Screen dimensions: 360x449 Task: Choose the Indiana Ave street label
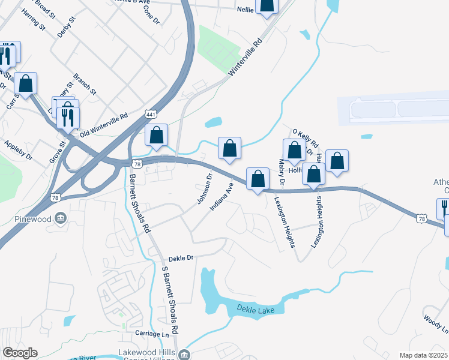pyautogui.click(x=220, y=197)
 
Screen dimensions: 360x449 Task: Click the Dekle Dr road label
pyautogui.click(x=181, y=257)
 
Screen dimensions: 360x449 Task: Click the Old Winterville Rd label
pyautogui.click(x=104, y=124)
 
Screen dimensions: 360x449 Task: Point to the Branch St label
pyautogui.click(x=85, y=85)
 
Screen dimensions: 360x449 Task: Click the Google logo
pyautogui.click(x=20, y=353)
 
